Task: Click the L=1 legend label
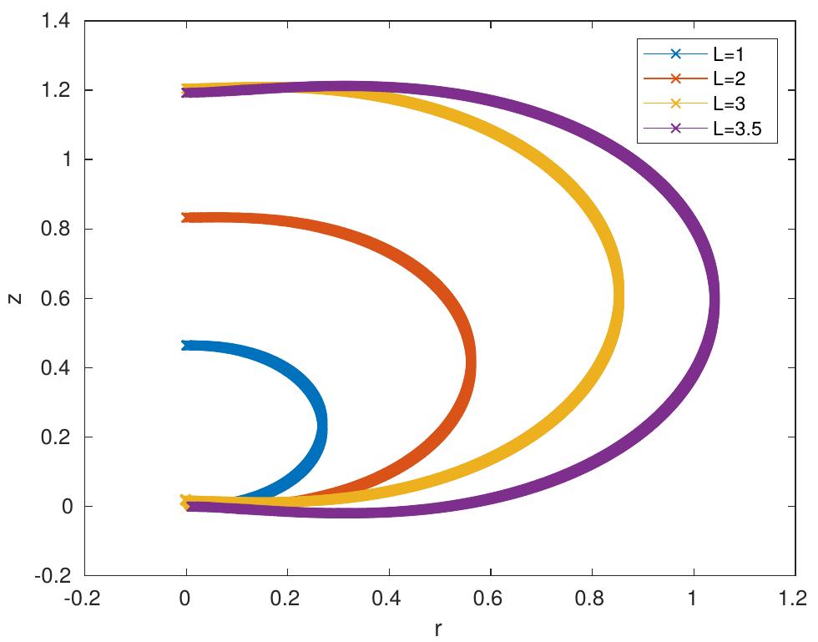[728, 54]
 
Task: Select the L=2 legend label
[730, 78]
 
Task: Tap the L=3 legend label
[730, 104]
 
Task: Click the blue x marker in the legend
[675, 53]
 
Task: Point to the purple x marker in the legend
[675, 128]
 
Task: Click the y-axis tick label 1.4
[56, 22]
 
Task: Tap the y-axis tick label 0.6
[56, 299]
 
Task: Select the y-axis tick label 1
[66, 159]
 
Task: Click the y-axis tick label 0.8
[56, 229]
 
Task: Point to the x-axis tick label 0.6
[488, 598]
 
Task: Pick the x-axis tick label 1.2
[793, 598]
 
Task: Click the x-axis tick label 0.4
[386, 598]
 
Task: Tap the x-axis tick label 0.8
[589, 598]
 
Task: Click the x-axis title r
[437, 629]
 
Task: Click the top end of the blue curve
[185, 346]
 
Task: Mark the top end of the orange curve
[185, 218]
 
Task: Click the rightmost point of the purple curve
[715, 299]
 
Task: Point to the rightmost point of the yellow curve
[619, 300]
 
